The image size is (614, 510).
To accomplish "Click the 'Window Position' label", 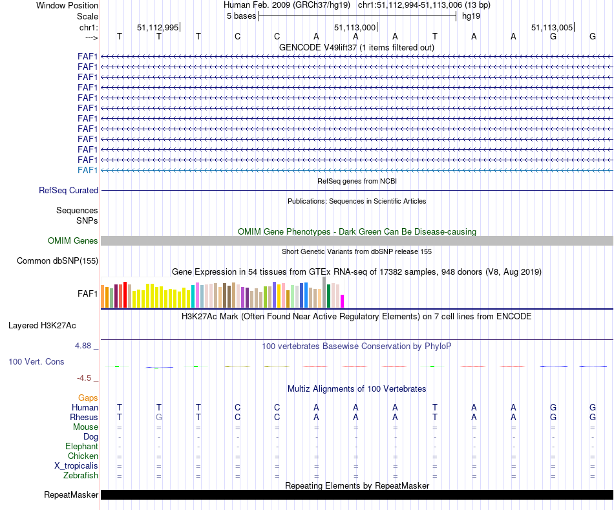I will pyautogui.click(x=67, y=5).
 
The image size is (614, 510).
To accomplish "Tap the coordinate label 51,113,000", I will pyautogui.click(x=354, y=27).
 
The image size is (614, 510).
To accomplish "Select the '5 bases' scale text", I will pyautogui.click(x=241, y=16).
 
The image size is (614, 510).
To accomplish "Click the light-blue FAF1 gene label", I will pyautogui.click(x=87, y=170).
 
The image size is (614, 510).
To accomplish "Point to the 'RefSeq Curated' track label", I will pyautogui.click(x=69, y=191).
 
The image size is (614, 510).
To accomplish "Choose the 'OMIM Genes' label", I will pyautogui.click(x=73, y=241).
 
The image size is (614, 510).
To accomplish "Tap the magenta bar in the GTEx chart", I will pyautogui.click(x=343, y=301).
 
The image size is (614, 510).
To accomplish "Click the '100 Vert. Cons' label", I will pyautogui.click(x=36, y=362).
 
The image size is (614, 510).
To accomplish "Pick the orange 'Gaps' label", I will pyautogui.click(x=88, y=398).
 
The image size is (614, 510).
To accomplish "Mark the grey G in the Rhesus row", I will pyautogui.click(x=159, y=418).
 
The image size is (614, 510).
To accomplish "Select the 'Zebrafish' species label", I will pyautogui.click(x=81, y=476).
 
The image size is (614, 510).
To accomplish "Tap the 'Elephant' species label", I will pyautogui.click(x=81, y=447).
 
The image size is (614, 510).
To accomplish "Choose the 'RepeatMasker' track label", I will pyautogui.click(x=71, y=495).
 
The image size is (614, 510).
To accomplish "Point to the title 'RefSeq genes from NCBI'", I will pyautogui.click(x=357, y=181).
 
